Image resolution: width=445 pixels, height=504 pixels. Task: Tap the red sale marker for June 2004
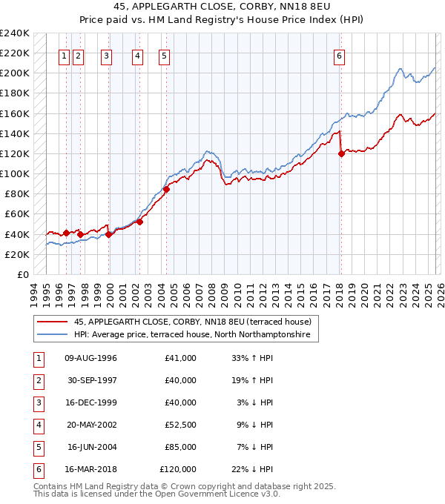click(x=166, y=189)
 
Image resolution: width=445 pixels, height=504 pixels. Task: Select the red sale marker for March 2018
click(x=341, y=154)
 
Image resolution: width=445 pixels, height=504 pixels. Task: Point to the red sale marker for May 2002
click(x=139, y=222)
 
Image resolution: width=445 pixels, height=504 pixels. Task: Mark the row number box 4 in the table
click(x=37, y=425)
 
